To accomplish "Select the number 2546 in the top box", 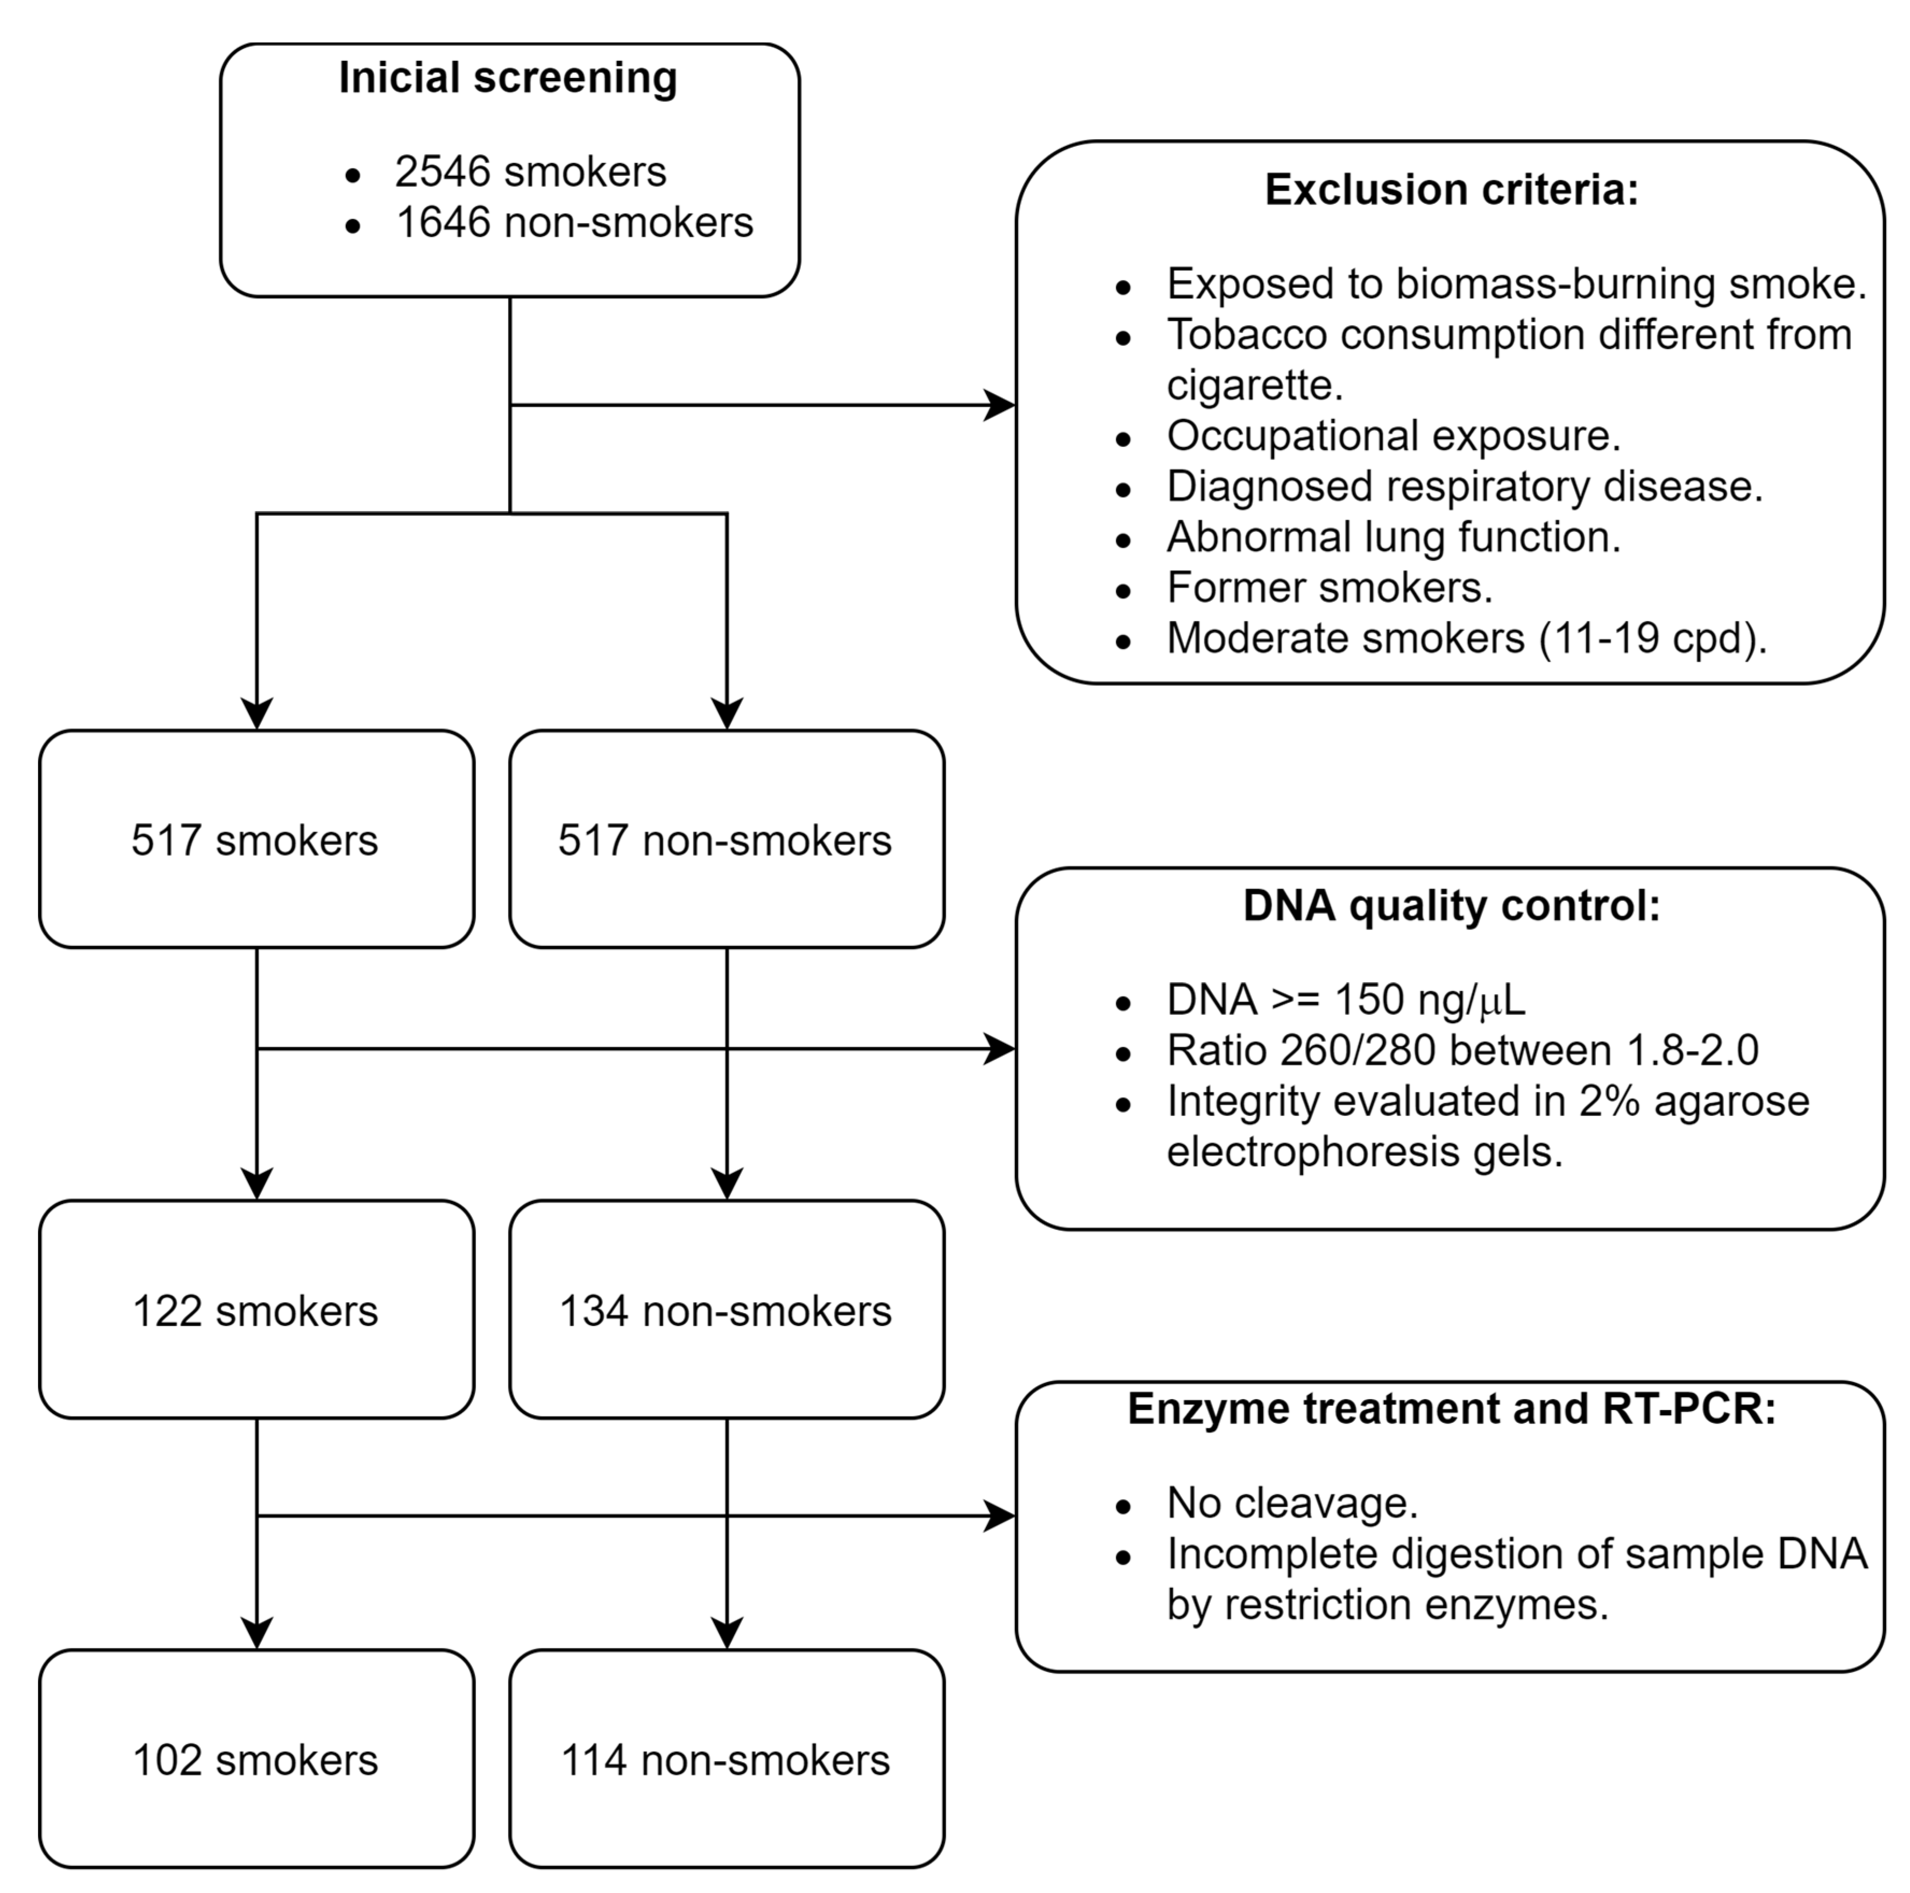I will [x=442, y=172].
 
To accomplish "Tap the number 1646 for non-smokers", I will [x=443, y=222].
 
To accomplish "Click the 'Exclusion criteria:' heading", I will [x=1451, y=190].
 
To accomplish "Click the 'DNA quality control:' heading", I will [x=1451, y=906].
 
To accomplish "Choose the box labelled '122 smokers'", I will [x=256, y=1311].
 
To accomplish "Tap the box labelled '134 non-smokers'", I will [x=727, y=1311].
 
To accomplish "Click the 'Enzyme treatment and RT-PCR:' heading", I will [x=1451, y=1409].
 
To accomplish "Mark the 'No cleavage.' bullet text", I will [x=1292, y=1504].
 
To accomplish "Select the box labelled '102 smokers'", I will [x=256, y=1761].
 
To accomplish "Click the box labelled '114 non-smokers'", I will [x=727, y=1761].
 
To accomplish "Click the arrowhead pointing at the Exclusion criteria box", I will [x=1000, y=405].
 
